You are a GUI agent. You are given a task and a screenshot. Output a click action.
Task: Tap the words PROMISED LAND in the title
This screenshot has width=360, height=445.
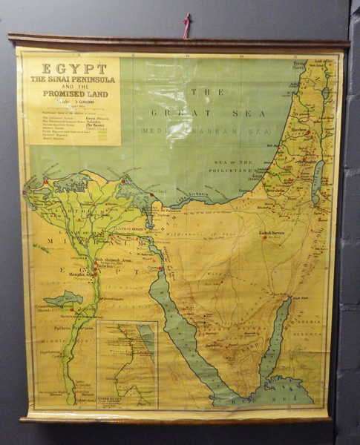[x=73, y=94]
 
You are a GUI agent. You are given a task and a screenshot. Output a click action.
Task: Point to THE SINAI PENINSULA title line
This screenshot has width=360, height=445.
[x=73, y=79]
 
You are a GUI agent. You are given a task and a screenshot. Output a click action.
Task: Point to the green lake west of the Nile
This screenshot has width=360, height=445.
[x=64, y=299]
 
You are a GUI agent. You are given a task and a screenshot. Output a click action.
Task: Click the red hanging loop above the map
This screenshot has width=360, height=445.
[x=187, y=25]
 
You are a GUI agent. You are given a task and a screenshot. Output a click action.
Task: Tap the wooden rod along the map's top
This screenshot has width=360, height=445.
[x=178, y=42]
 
